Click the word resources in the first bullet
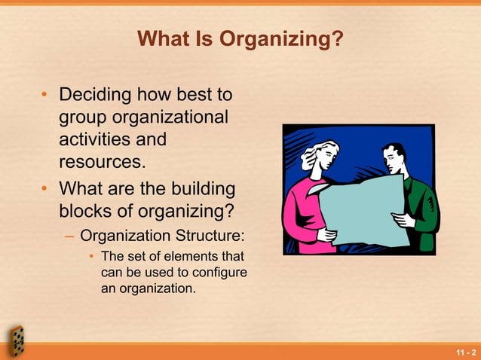click(x=100, y=161)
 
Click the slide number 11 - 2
click(x=465, y=352)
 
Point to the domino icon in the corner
click(x=15, y=340)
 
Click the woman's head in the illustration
click(x=315, y=155)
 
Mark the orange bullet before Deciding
click(x=45, y=96)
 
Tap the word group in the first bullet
click(x=83, y=117)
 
